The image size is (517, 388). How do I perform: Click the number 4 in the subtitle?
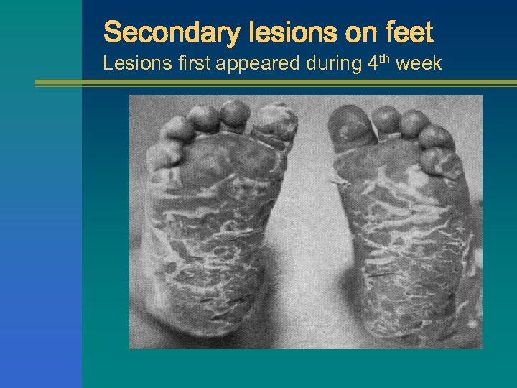372,64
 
